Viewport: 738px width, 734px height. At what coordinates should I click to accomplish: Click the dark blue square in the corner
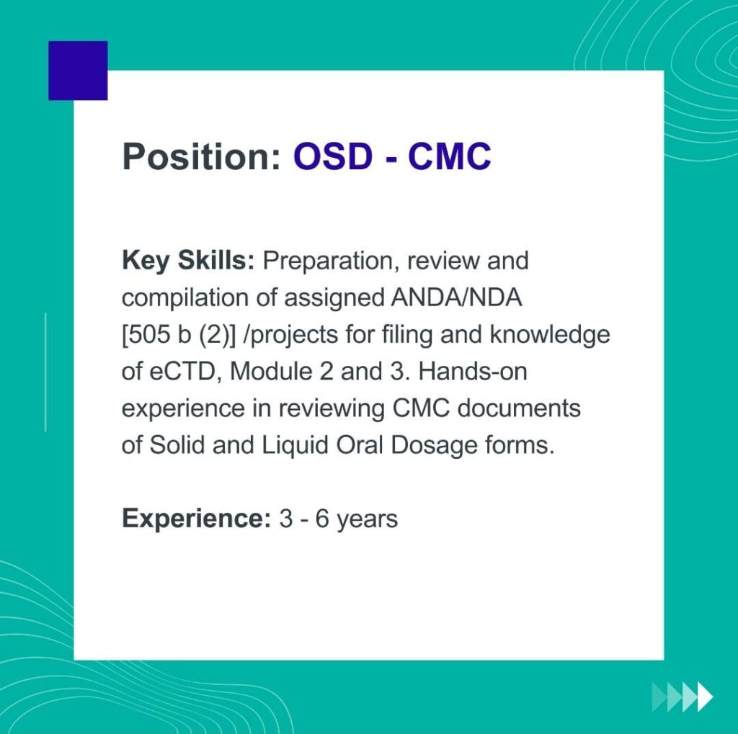coord(78,71)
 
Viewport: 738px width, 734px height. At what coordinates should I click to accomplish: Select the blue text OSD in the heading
coord(333,156)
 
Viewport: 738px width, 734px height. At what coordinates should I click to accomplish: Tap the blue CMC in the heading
coord(450,156)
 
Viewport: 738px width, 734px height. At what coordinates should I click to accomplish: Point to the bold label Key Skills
coord(188,261)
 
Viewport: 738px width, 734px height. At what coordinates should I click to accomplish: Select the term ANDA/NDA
coord(456,297)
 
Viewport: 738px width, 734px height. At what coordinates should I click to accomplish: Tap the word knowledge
coord(550,335)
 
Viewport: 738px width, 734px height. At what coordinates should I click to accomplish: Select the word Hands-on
coord(473,372)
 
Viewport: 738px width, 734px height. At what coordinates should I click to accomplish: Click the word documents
coord(519,408)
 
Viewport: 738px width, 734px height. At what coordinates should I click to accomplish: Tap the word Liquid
coord(295,445)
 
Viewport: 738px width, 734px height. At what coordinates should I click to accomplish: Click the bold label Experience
coord(197,519)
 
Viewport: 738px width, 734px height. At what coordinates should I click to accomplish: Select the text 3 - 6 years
coord(339,519)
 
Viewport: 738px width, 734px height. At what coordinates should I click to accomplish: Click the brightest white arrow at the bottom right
coord(705,697)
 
